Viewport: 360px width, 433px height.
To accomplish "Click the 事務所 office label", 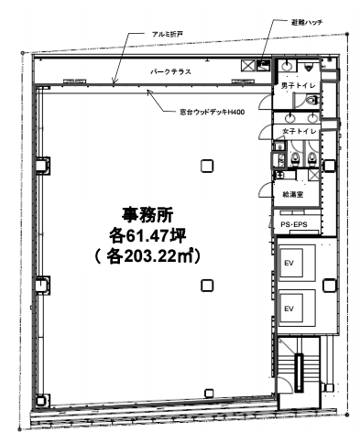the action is pyautogui.click(x=147, y=215).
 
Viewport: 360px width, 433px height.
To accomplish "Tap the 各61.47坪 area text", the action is pyautogui.click(x=147, y=235).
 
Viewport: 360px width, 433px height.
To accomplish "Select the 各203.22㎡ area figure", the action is pyautogui.click(x=147, y=256).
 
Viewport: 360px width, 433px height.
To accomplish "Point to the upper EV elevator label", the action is pyautogui.click(x=289, y=263).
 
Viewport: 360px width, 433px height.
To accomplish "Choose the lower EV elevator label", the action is pyautogui.click(x=289, y=309).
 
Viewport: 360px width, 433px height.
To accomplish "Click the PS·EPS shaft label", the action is pyautogui.click(x=294, y=225).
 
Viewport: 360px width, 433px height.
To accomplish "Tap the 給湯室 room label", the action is pyautogui.click(x=293, y=194).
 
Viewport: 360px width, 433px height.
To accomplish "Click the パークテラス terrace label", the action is pyautogui.click(x=170, y=71).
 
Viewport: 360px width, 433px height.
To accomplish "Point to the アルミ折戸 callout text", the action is pyautogui.click(x=168, y=34).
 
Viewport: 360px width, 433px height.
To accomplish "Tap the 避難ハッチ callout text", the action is pyautogui.click(x=307, y=22).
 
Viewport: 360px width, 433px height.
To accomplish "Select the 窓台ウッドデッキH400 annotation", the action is pyautogui.click(x=213, y=113).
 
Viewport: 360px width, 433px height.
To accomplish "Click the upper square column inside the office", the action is pyautogui.click(x=207, y=167).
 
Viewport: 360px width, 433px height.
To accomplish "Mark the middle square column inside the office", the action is pyautogui.click(x=207, y=286).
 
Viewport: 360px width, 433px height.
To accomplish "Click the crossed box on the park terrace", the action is pyautogui.click(x=246, y=65).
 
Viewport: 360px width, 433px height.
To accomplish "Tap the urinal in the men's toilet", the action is pyautogui.click(x=309, y=66).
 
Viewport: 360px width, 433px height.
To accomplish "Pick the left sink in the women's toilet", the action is pyautogui.click(x=289, y=117).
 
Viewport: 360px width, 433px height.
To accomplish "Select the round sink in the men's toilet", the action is pyautogui.click(x=288, y=65).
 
